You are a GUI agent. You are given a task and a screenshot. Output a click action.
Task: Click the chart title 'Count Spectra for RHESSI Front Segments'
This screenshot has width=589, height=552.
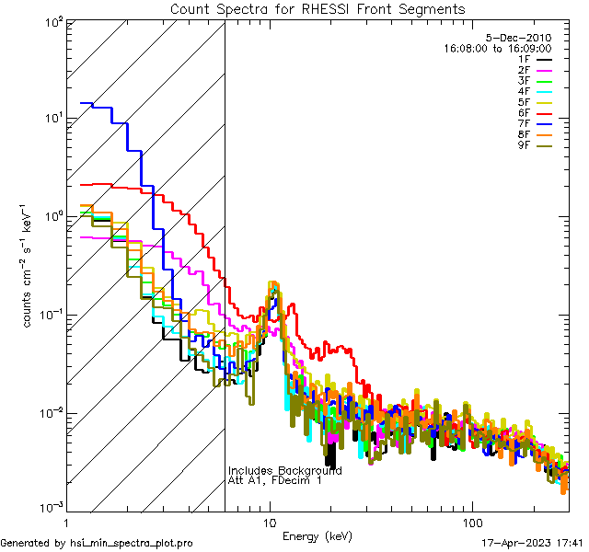pos(318,8)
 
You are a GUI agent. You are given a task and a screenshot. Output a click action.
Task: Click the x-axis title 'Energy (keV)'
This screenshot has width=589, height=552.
pos(318,535)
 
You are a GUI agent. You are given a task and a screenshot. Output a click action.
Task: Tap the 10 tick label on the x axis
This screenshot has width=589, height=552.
pos(269,522)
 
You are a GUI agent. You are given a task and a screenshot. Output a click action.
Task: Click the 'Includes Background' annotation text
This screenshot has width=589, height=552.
pos(285,471)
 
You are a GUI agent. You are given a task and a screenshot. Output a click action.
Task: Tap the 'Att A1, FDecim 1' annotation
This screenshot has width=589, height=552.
pos(275,481)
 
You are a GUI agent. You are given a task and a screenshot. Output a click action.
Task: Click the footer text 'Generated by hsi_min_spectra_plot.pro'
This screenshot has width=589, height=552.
pos(97,543)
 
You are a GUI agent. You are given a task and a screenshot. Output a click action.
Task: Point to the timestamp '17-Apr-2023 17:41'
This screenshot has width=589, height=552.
pos(533,543)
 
